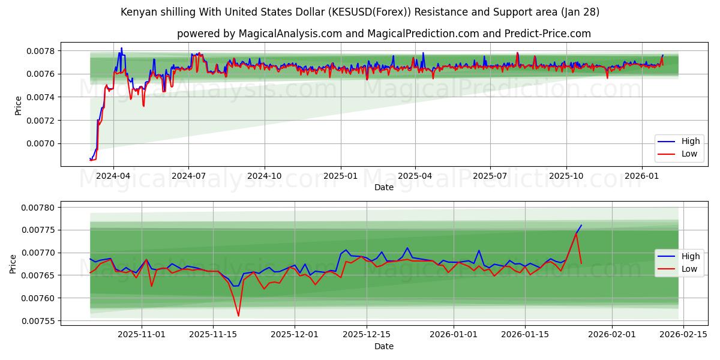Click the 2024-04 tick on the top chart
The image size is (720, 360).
click(113, 176)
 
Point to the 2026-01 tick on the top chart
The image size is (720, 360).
click(642, 176)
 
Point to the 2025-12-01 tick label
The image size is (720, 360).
click(295, 335)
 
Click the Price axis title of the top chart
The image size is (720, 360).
click(18, 105)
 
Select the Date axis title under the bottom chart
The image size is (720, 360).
click(384, 346)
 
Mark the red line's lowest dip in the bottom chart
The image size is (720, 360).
click(238, 316)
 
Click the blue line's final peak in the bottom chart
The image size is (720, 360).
click(581, 226)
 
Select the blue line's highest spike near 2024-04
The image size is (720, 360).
click(121, 48)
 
